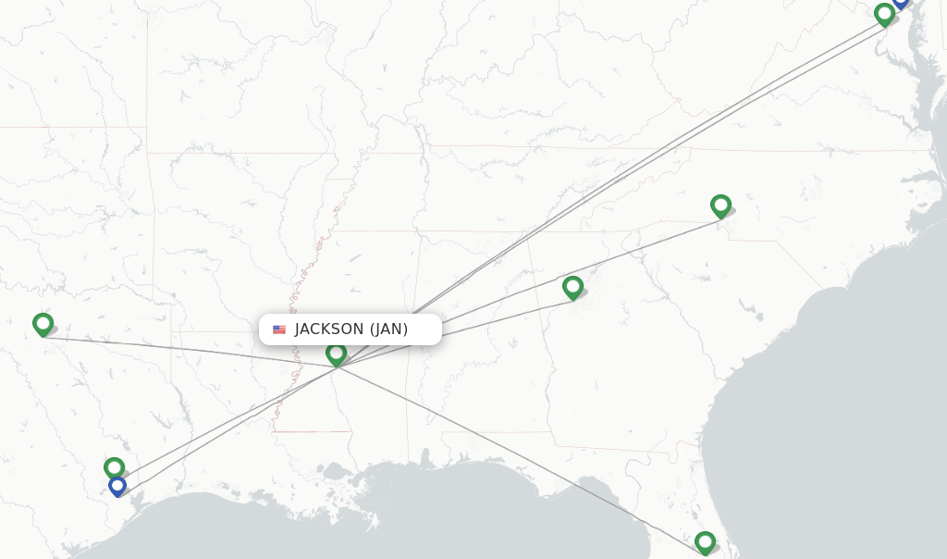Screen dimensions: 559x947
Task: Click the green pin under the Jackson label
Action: (336, 354)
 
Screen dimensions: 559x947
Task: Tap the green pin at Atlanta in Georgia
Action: (572, 287)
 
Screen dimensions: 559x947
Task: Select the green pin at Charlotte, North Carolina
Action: (720, 205)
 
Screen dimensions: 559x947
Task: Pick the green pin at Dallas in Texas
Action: (43, 324)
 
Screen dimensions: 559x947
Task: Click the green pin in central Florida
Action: (705, 541)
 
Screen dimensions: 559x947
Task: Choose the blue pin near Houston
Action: (117, 486)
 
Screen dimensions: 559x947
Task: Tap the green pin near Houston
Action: (114, 467)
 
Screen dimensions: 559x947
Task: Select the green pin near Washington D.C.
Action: (884, 14)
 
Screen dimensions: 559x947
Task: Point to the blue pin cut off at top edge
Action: (901, 4)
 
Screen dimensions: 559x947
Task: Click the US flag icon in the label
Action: (279, 329)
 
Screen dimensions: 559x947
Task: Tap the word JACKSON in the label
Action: (329, 329)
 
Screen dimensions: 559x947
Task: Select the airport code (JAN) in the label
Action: (388, 329)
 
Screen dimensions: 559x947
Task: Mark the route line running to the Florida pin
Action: (518, 453)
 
